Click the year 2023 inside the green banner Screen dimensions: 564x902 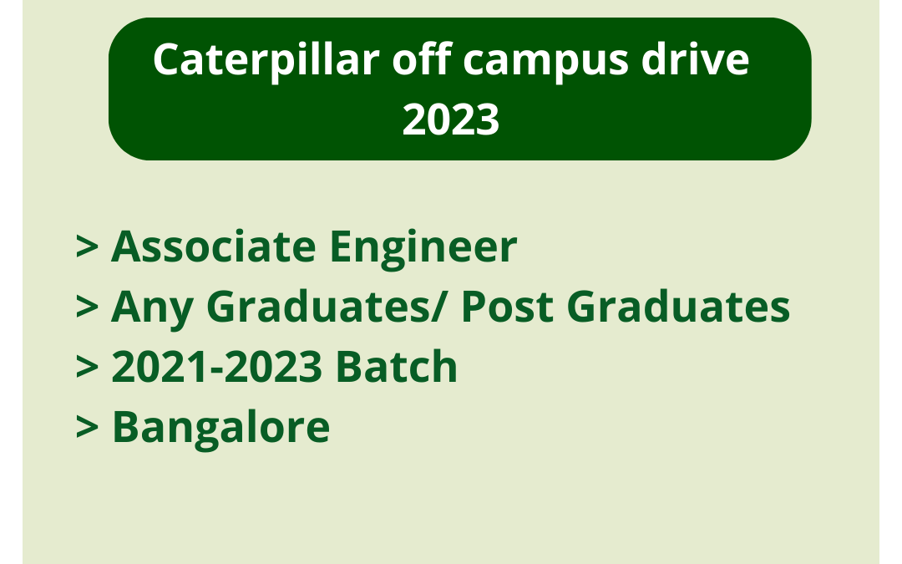[x=451, y=119]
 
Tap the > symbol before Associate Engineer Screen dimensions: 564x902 [x=89, y=248]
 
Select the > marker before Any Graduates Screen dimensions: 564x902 [x=89, y=308]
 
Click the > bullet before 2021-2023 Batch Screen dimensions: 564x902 [x=89, y=368]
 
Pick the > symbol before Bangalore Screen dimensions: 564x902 [x=89, y=428]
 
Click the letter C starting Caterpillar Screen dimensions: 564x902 [x=167, y=61]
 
